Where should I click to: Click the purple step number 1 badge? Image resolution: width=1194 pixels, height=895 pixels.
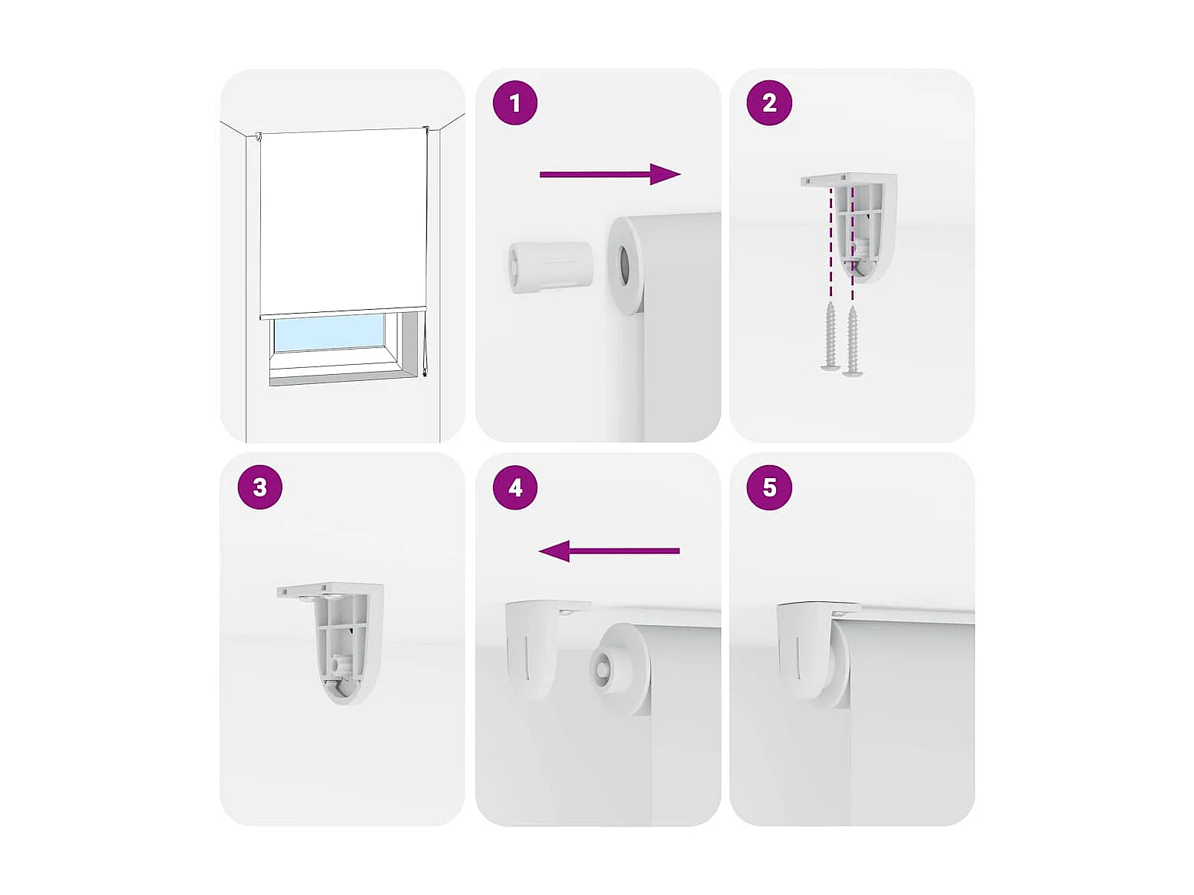click(514, 103)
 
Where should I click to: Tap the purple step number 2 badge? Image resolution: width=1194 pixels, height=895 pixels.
click(768, 103)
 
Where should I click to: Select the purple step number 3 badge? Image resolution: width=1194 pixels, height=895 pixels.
click(260, 487)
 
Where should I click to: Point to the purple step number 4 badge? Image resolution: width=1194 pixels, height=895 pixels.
click(514, 487)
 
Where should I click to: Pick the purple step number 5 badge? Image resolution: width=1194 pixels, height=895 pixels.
click(768, 487)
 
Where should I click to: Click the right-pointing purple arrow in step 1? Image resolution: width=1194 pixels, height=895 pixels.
click(610, 174)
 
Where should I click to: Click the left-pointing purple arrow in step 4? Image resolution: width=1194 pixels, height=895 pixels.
click(608, 551)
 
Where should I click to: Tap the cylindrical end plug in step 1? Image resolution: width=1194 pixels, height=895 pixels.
click(550, 268)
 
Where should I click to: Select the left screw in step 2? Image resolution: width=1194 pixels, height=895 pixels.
click(830, 337)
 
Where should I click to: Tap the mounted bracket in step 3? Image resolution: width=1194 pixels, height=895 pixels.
click(331, 644)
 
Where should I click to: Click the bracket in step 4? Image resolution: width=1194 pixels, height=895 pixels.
click(544, 646)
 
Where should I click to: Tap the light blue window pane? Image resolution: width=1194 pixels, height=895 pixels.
click(330, 332)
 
